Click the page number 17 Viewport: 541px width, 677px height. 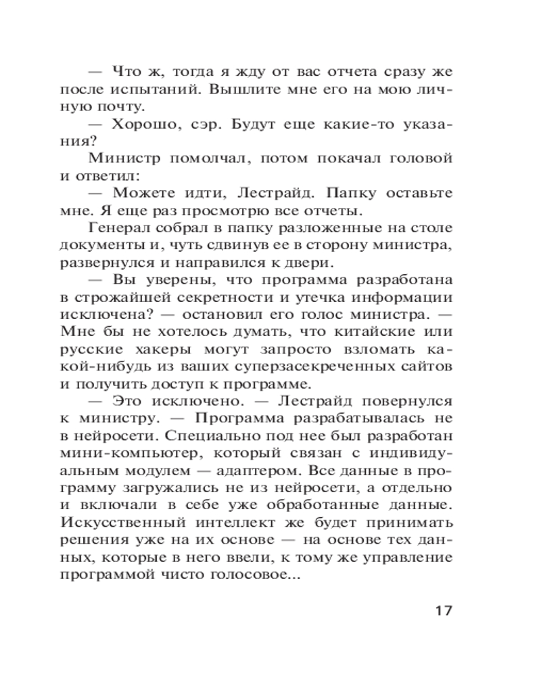coord(443,610)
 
